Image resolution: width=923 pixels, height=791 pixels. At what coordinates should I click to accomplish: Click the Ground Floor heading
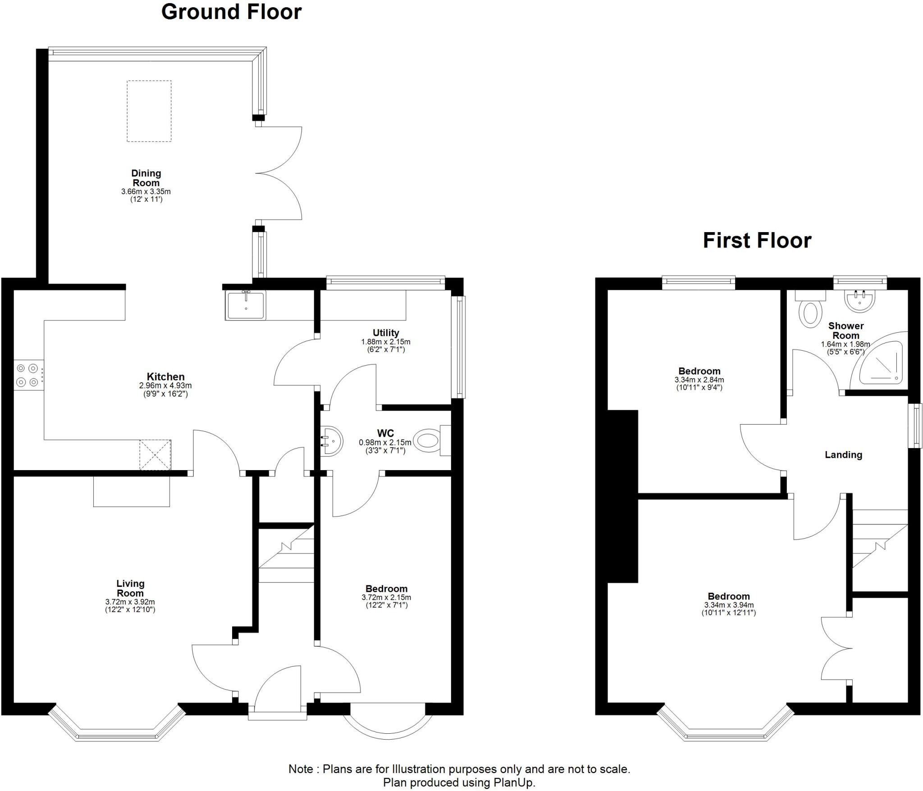coord(231,12)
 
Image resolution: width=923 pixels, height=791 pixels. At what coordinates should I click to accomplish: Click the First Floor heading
coord(757,240)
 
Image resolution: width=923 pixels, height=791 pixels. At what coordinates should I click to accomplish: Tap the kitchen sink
coord(246,305)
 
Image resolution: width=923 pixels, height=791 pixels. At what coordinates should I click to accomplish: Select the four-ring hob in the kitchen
coord(28,375)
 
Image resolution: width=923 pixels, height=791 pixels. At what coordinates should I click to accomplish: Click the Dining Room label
coord(146,178)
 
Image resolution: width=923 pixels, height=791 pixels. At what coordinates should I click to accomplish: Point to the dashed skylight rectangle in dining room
coord(149,111)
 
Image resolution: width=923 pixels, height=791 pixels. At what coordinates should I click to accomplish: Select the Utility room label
coord(386,333)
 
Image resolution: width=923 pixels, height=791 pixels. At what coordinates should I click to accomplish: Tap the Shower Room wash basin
coord(860,301)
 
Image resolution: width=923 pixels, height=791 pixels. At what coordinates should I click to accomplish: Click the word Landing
coord(843,455)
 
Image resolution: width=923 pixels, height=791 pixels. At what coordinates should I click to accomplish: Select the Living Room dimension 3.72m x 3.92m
coord(130,602)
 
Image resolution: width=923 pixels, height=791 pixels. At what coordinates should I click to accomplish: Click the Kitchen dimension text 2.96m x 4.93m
coord(165,386)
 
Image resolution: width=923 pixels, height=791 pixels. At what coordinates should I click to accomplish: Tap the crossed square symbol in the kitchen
coord(155,455)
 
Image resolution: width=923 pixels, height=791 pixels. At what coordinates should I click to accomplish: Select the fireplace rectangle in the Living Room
coord(131,491)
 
